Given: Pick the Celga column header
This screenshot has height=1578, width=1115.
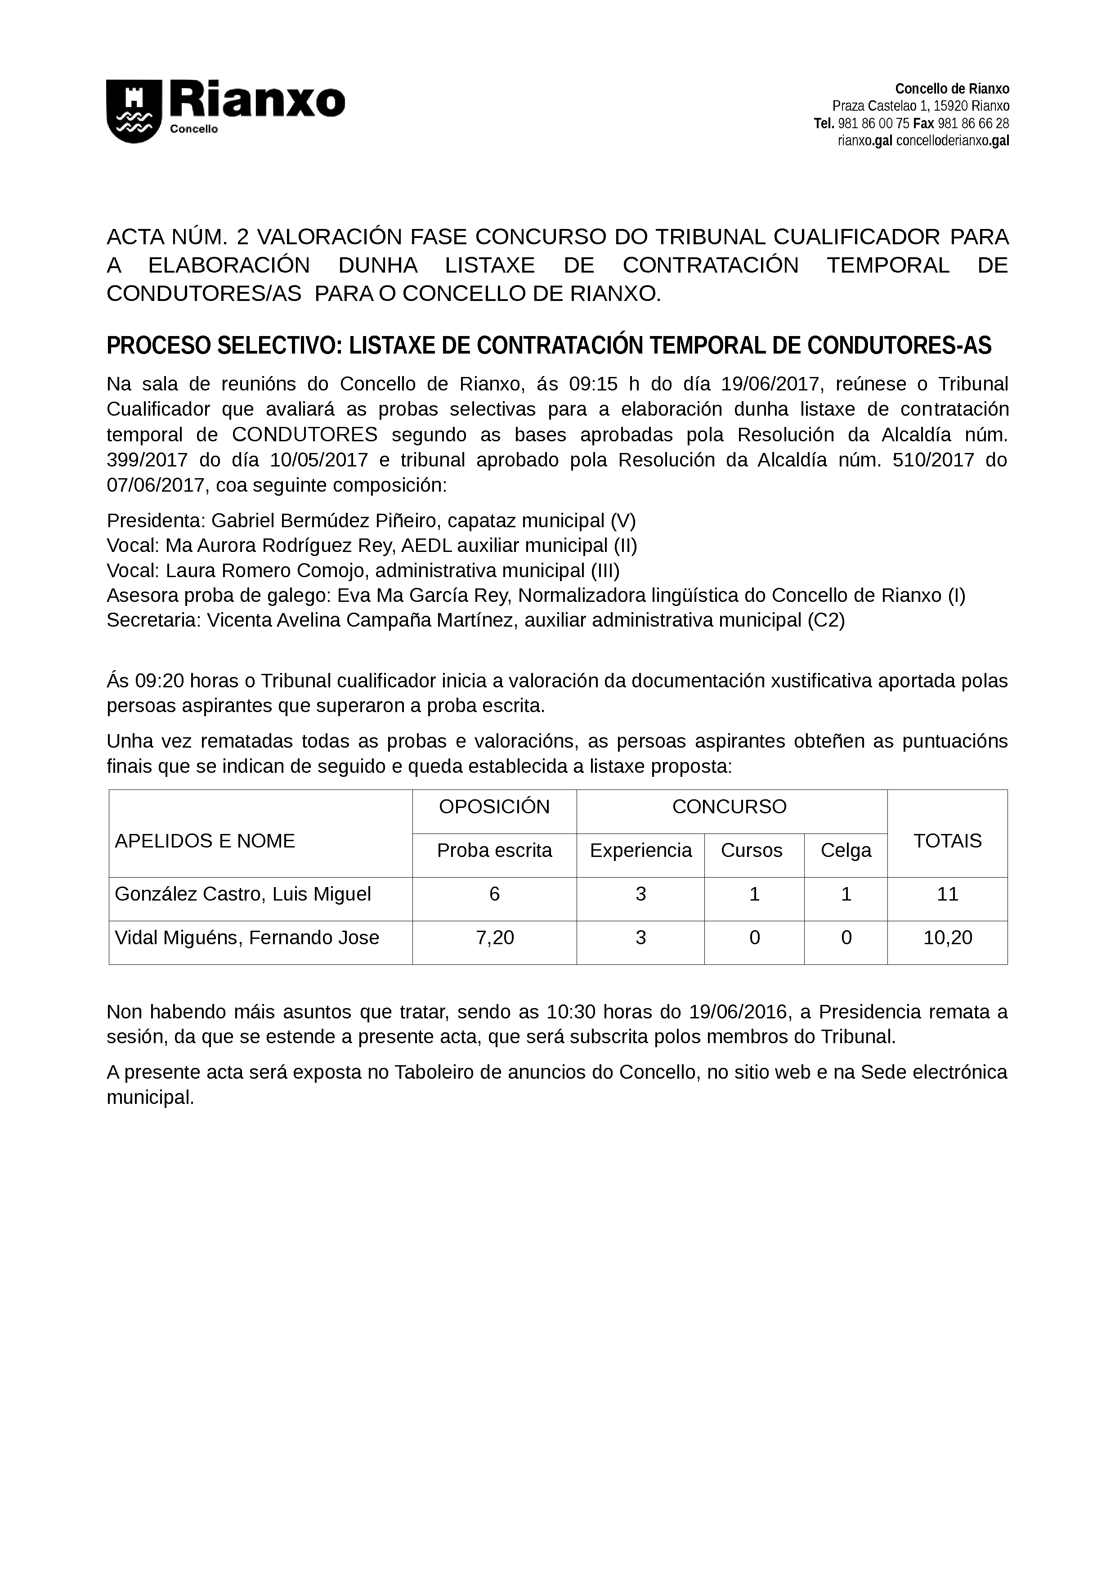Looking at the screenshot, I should [846, 851].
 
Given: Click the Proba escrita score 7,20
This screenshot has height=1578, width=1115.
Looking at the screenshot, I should [495, 938].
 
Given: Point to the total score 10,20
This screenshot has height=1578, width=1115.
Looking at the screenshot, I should [947, 938].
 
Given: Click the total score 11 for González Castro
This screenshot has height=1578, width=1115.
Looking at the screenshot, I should [947, 894].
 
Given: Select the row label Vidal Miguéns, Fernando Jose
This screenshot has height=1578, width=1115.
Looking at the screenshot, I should [246, 938].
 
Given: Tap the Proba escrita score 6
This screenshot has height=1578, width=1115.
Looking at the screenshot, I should [495, 894].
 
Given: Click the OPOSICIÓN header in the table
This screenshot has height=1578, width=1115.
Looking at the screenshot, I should [495, 807].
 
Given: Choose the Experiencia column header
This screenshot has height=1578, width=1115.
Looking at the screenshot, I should [640, 851].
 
